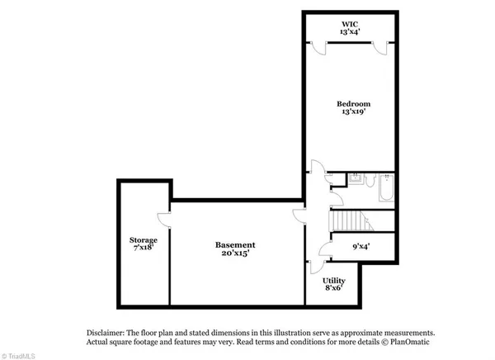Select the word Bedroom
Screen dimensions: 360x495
click(353, 103)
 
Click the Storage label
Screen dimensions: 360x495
click(143, 239)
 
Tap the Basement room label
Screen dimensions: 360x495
click(235, 245)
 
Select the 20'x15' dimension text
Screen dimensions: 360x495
click(235, 254)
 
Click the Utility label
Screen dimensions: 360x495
click(333, 281)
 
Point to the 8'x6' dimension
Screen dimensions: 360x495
click(333, 290)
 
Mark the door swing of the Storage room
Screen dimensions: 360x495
click(164, 218)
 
